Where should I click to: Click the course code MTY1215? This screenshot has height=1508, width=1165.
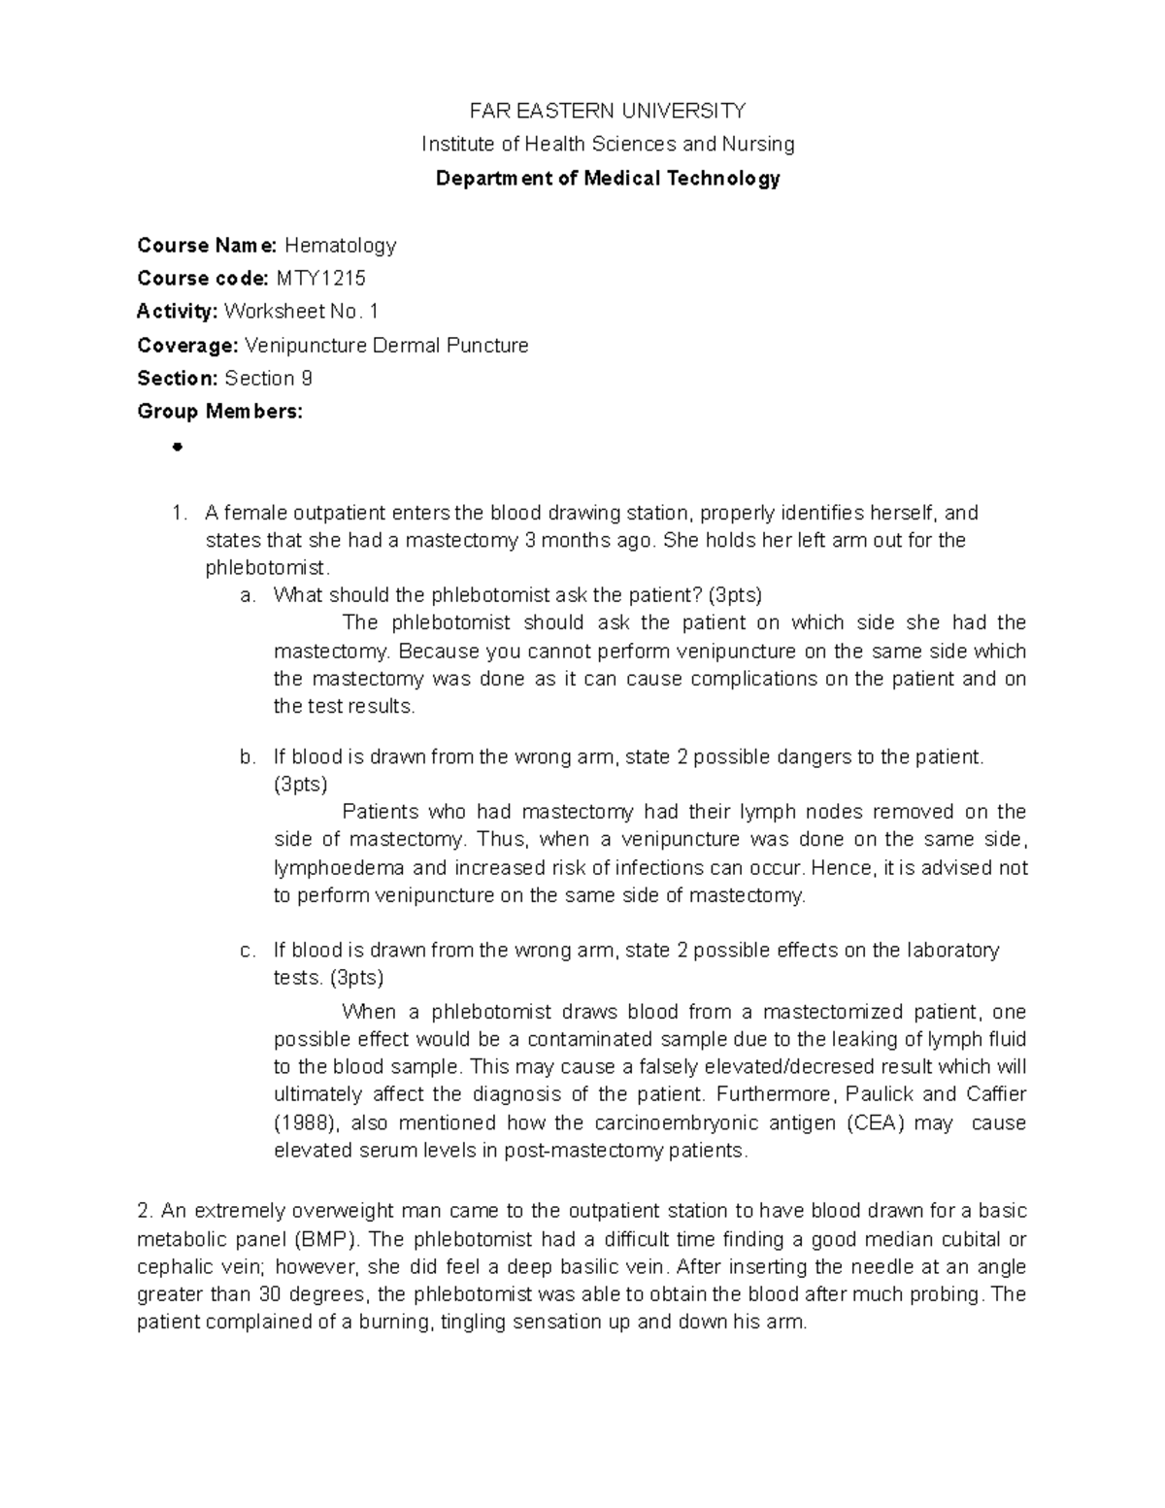(321, 279)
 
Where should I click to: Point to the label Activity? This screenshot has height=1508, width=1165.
(178, 312)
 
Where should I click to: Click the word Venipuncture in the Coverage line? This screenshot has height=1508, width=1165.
(306, 346)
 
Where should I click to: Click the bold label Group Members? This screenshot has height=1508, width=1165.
(220, 412)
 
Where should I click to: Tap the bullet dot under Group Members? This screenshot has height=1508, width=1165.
(177, 448)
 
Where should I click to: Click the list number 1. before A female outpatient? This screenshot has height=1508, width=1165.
(177, 513)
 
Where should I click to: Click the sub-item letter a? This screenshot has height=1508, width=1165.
(248, 595)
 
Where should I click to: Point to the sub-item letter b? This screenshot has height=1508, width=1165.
(248, 757)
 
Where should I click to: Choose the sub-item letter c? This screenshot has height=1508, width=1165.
(248, 951)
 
